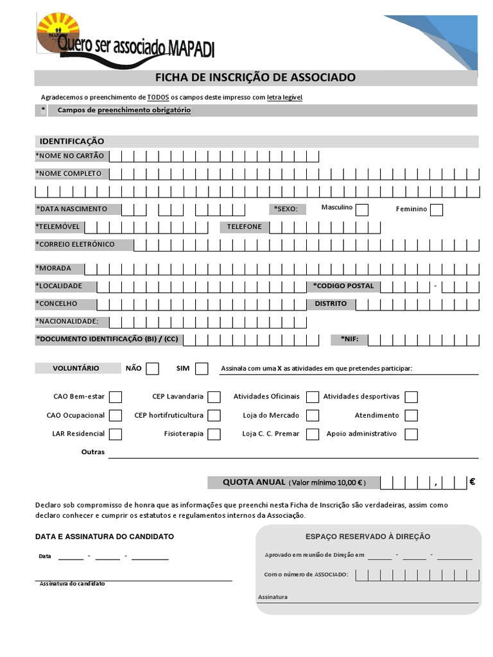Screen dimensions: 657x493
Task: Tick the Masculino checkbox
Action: [362, 210]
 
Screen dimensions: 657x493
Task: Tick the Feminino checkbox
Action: [437, 210]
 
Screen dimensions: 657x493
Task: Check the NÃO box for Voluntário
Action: [152, 368]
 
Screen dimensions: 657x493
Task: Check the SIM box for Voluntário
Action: [202, 368]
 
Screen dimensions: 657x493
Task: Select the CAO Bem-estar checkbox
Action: [116, 397]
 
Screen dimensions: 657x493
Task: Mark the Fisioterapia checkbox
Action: [214, 434]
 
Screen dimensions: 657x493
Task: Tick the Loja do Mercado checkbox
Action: [313, 416]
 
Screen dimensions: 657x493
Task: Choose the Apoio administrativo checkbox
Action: [411, 434]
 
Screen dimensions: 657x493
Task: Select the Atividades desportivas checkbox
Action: [411, 397]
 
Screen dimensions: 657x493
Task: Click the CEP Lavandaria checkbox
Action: [214, 397]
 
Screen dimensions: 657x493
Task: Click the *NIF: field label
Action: [350, 339]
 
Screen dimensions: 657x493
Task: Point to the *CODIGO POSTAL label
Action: [343, 286]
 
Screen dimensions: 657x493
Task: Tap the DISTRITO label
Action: [331, 303]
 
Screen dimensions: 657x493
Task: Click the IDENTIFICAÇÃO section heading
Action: [72, 141]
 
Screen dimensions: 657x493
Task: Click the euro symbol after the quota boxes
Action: [472, 482]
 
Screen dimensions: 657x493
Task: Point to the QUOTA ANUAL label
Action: [254, 482]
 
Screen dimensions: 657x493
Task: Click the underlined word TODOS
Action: [158, 97]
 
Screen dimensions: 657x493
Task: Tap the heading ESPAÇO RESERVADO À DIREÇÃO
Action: [368, 536]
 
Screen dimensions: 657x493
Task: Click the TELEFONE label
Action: [244, 226]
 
